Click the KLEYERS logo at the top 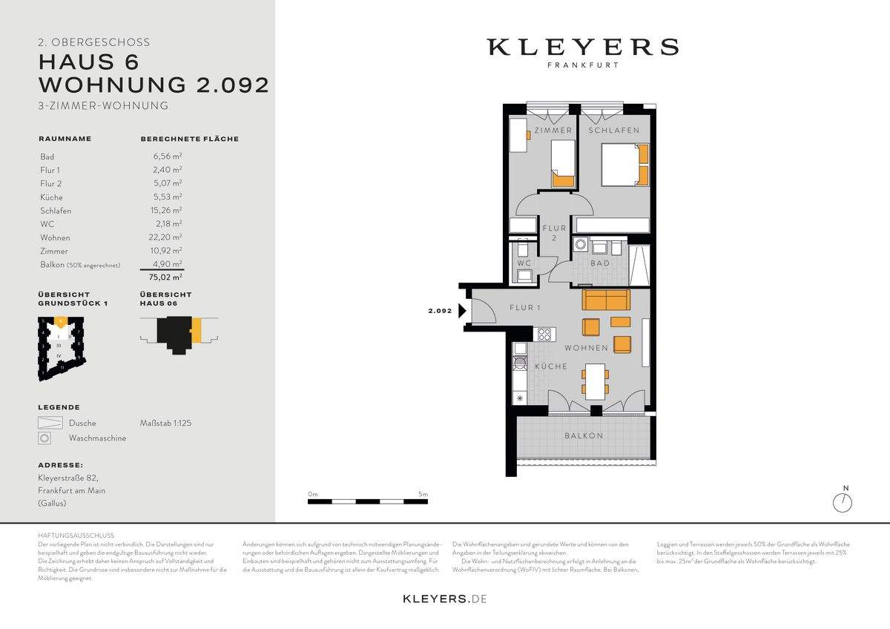[582, 47]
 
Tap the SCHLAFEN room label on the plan [613, 131]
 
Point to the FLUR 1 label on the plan [524, 308]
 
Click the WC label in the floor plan [523, 263]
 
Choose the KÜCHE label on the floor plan [550, 366]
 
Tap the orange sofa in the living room [606, 300]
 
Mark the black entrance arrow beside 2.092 [462, 312]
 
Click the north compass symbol [843, 502]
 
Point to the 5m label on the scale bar [423, 494]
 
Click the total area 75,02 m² [167, 277]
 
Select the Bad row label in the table [47, 157]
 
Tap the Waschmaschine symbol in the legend [45, 438]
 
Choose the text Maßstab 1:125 [165, 423]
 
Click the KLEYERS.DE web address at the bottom [444, 599]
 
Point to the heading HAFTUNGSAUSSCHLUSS [76, 535]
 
